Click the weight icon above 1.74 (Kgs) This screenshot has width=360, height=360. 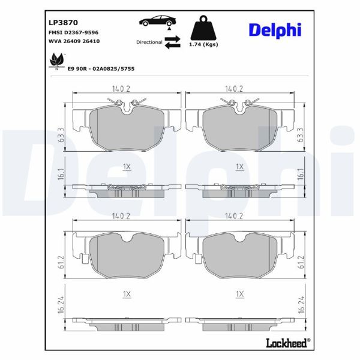(203, 27)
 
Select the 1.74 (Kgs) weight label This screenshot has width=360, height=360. (203, 45)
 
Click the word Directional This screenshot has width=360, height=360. (149, 43)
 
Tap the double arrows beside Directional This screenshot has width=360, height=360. (173, 41)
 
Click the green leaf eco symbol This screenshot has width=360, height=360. (57, 61)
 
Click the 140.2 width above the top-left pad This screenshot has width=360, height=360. (121, 89)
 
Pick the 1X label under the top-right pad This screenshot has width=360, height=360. (239, 166)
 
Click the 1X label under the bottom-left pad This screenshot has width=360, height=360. (126, 293)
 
